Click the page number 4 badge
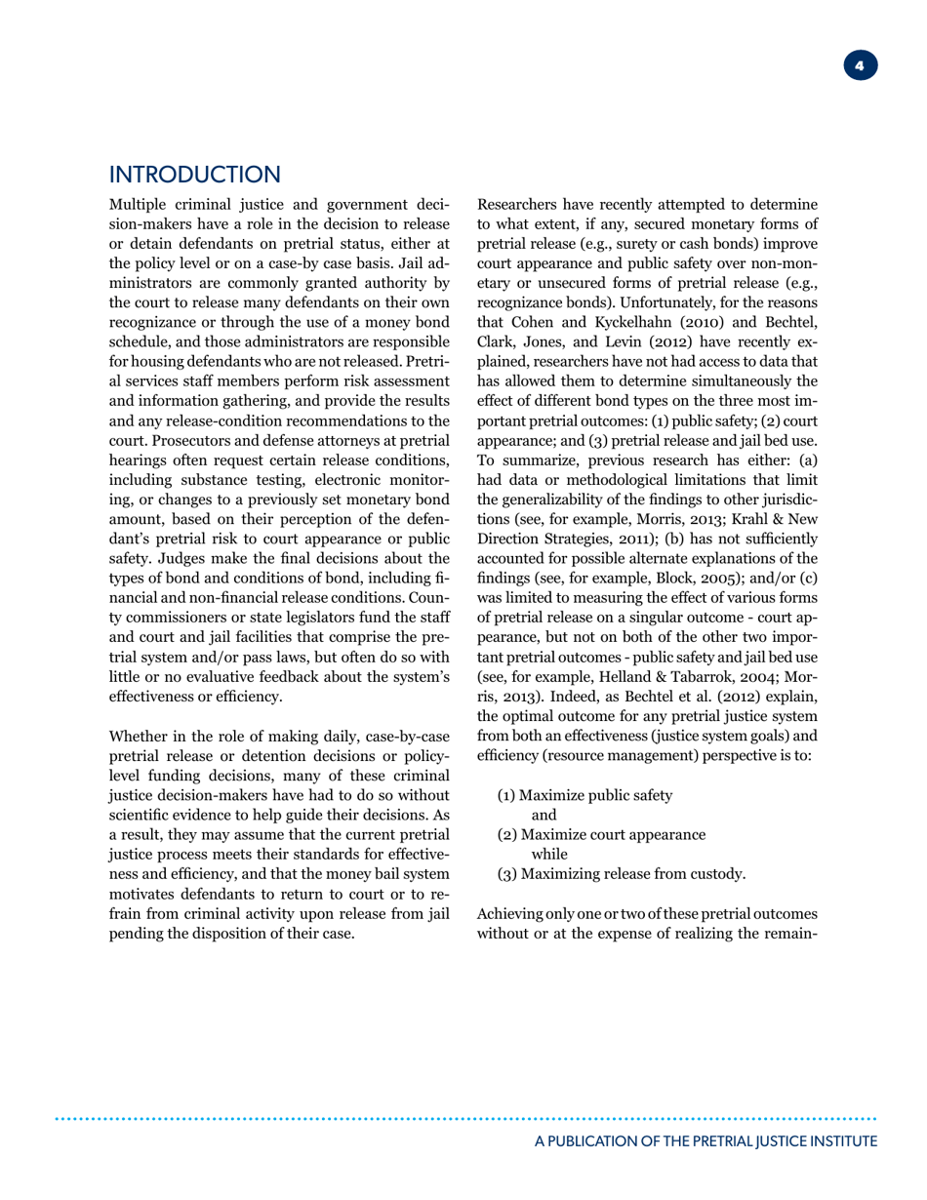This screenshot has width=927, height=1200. pos(860,66)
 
